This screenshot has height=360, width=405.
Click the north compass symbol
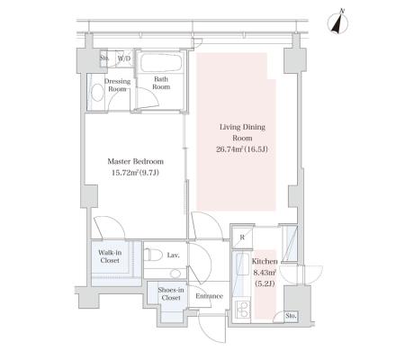click(339, 22)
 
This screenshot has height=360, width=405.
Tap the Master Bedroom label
click(136, 161)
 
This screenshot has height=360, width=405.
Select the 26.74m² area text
click(229, 149)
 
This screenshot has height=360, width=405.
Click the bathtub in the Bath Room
click(161, 62)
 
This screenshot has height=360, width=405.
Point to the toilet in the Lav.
click(150, 255)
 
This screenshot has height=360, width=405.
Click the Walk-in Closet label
click(110, 256)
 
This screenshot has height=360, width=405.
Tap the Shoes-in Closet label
click(171, 293)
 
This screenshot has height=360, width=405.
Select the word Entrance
click(209, 296)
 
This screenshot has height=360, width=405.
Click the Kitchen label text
click(265, 261)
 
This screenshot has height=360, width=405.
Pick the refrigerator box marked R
click(242, 238)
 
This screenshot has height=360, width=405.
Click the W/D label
click(124, 58)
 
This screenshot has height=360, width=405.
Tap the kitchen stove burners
click(242, 310)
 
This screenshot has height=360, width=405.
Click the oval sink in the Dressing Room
click(97, 93)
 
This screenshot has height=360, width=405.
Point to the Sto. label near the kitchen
click(291, 316)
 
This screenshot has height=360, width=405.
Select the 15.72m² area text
click(125, 173)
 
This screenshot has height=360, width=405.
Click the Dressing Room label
click(117, 85)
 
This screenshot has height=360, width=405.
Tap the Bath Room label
click(161, 83)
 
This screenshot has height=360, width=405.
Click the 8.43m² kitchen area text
click(265, 273)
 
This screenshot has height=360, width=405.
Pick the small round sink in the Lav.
click(175, 274)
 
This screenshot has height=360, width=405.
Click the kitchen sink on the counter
click(240, 264)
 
